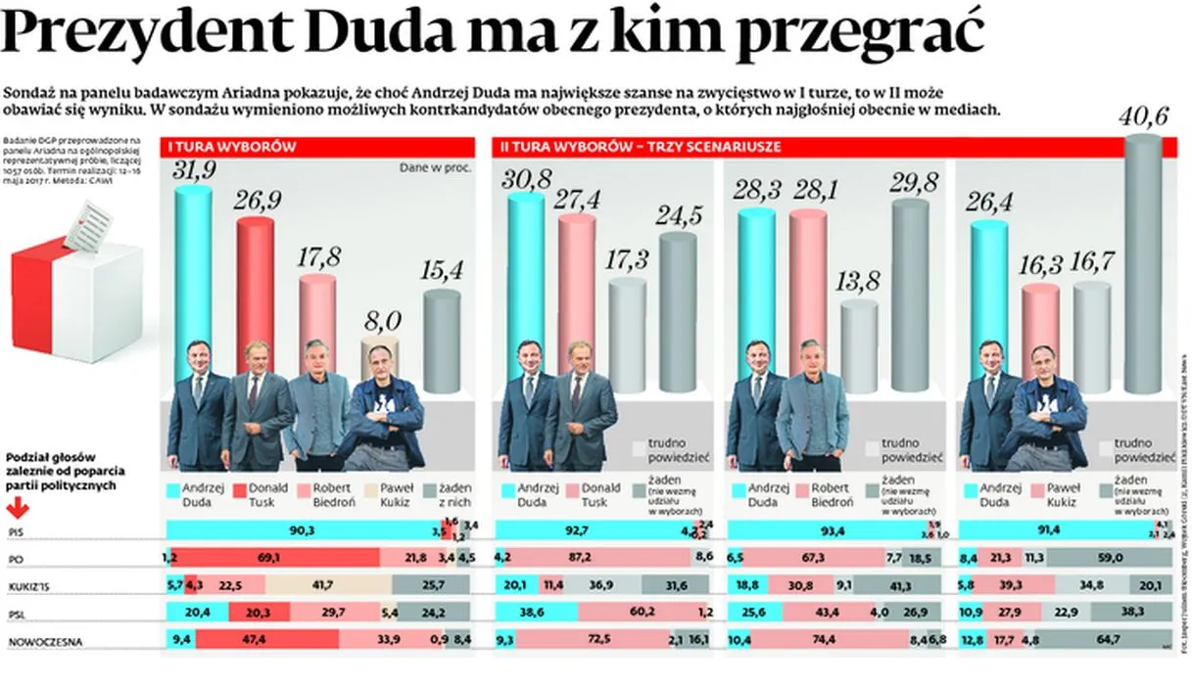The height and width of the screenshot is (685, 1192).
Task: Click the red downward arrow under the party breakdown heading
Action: click(x=17, y=508)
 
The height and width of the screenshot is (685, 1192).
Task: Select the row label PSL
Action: click(x=16, y=614)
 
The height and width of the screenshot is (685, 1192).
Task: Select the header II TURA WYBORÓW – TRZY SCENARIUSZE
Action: click(x=640, y=147)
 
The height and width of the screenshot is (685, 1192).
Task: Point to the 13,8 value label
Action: click(x=859, y=283)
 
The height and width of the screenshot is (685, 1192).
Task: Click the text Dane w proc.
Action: click(x=435, y=167)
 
